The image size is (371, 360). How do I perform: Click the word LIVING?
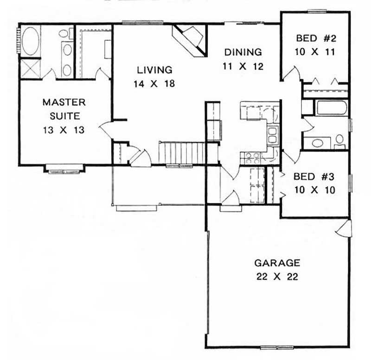tap(154, 70)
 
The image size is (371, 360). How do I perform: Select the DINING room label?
tap(243, 52)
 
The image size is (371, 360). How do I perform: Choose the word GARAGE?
tap(277, 263)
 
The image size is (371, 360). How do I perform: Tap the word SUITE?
tap(64, 116)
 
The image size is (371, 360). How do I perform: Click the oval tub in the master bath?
tap(30, 42)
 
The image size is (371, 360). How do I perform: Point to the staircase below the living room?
tap(182, 153)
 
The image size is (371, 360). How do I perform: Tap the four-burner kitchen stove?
tap(252, 159)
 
